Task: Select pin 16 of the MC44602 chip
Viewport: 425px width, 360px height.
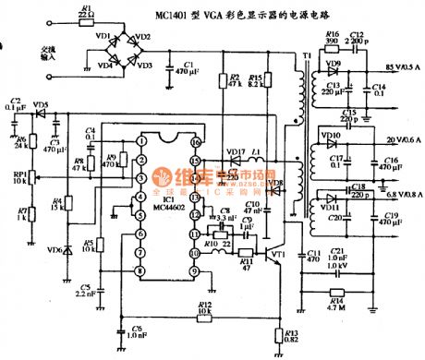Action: coord(196,144)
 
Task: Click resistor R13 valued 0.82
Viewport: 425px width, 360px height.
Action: coord(279,336)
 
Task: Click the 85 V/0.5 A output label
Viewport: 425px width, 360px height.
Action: coord(398,66)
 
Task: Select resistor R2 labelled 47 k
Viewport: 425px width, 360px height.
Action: coord(230,80)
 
